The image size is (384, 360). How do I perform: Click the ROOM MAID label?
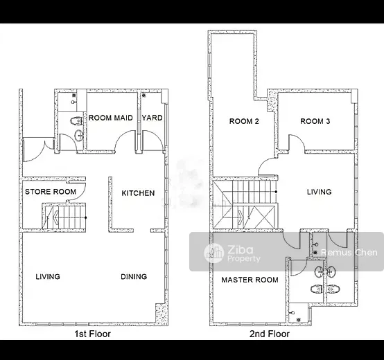[x=111, y=118]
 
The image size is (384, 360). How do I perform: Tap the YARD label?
[x=152, y=118]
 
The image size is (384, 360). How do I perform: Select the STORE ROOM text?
[x=51, y=192]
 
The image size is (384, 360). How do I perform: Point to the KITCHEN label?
[x=138, y=193]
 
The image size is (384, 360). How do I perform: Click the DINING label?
[x=134, y=277]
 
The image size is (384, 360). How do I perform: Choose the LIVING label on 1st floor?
[x=48, y=277]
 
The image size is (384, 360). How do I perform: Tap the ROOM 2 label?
[x=244, y=121]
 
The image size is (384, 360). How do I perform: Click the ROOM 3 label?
[x=315, y=121]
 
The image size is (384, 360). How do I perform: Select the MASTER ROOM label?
[x=250, y=280]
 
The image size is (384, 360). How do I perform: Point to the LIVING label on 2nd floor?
[x=320, y=192]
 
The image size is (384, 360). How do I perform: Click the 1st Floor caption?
[x=93, y=334]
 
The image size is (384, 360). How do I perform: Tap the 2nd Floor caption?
[x=270, y=334]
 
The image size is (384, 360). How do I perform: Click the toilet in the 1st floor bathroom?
[x=76, y=120]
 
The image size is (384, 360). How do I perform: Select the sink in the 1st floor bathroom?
[x=79, y=136]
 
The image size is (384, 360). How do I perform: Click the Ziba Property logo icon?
[x=214, y=253]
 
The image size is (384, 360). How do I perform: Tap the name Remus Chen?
[x=349, y=253]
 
